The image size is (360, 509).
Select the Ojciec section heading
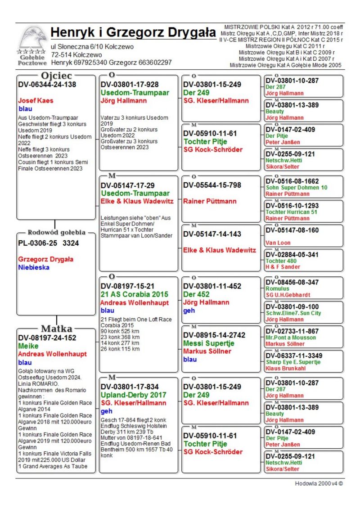point(57,76)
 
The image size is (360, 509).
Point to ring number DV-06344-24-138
point(47,84)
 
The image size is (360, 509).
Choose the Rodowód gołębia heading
point(57,233)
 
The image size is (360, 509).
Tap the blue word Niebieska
point(34,267)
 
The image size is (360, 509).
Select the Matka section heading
point(56,329)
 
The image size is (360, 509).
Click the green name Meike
point(27,346)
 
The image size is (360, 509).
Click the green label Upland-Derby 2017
point(133,395)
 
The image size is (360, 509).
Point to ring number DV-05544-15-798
point(211,185)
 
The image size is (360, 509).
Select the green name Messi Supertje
point(209,343)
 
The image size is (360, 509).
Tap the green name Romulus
point(276,289)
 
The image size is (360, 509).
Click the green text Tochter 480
point(281,261)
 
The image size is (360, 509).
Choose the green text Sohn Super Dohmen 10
point(297,187)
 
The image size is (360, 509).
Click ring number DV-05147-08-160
point(292,230)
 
